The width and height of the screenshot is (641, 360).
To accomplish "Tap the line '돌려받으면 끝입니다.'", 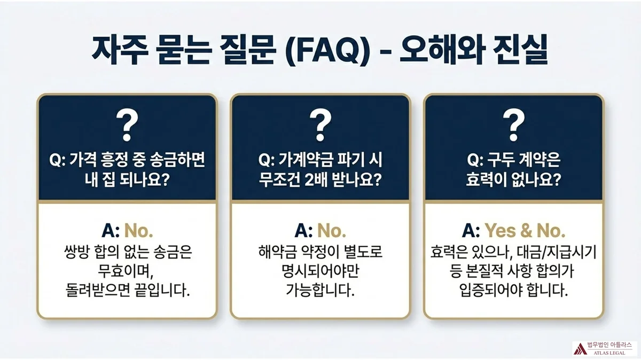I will coord(127,292).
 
